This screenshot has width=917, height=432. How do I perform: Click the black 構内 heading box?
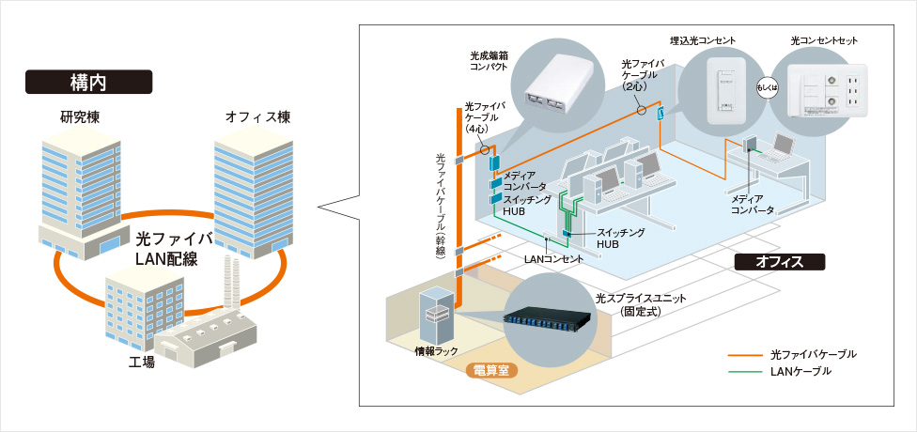87,82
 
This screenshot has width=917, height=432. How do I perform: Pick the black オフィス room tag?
779,261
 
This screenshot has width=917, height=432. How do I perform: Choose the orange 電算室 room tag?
490,370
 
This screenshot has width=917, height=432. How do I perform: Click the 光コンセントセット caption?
824,41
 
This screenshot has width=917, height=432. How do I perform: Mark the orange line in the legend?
747,354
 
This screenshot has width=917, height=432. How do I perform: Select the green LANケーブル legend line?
747,372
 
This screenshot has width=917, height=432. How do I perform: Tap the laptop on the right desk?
783,146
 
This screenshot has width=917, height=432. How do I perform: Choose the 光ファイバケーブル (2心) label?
642,74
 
